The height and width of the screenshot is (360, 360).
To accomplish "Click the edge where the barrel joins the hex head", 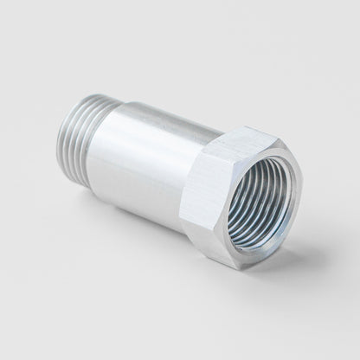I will point(208,173).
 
